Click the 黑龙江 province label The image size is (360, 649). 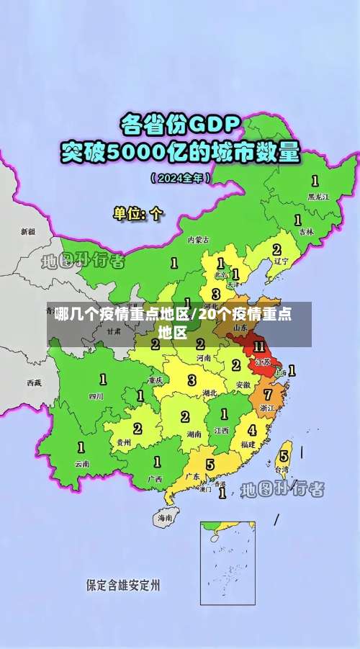coord(318,196)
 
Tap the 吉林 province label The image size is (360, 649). coord(307,232)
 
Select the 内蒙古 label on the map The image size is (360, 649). coord(199,239)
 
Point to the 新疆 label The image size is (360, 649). coord(28,232)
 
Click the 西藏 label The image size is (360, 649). coord(34,382)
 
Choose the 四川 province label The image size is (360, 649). coord(96,396)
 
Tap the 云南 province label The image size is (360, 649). coord(82,464)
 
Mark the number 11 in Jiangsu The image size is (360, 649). coord(258,346)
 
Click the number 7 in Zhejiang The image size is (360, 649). coord(267,394)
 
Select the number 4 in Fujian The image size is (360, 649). coord(251,430)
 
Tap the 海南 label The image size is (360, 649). coord(166,517)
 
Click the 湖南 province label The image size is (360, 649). coord(193,434)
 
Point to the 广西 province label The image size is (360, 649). coord(155,478)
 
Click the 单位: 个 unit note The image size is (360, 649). coord(138,214)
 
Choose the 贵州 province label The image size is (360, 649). coord(123,442)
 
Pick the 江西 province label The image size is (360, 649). coord(222,430)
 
